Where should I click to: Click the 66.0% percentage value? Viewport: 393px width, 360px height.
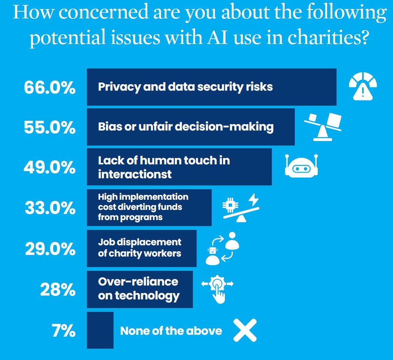point(50,88)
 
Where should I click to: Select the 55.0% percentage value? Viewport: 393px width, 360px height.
point(50,128)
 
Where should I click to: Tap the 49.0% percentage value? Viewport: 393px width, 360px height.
point(50,167)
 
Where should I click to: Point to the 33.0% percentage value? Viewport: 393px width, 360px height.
point(50,208)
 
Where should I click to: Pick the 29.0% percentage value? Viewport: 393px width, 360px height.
point(50,249)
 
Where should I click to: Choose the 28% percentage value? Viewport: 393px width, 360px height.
point(58,289)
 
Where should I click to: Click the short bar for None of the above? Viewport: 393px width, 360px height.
point(100,330)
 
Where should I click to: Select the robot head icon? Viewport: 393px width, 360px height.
point(301,166)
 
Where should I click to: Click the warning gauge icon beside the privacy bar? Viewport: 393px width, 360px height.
point(363,86)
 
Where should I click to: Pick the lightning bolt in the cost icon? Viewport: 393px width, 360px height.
point(254,199)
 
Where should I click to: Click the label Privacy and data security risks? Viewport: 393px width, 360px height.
point(185,87)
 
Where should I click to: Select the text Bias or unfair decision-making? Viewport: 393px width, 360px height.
point(186,127)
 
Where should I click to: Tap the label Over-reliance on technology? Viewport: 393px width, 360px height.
point(138,288)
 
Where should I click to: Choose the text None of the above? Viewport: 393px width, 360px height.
point(171,331)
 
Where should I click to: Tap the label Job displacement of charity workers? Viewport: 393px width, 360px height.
point(140,248)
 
